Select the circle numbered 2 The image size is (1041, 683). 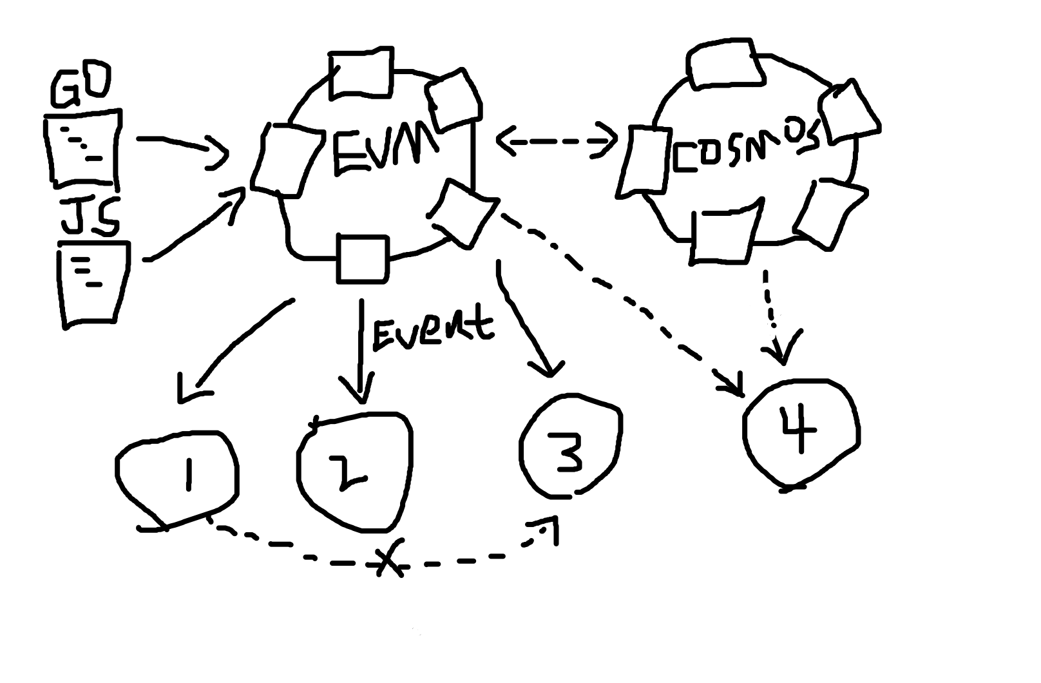coord(354,471)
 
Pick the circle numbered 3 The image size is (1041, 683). coord(571,447)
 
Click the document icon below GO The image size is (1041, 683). coord(82,149)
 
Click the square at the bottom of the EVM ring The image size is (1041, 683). coord(363,259)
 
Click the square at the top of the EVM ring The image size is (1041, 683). coord(361,73)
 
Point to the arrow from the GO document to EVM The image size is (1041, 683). coord(183,151)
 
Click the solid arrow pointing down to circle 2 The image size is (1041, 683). coord(359,352)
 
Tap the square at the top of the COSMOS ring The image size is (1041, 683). coord(726,64)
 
